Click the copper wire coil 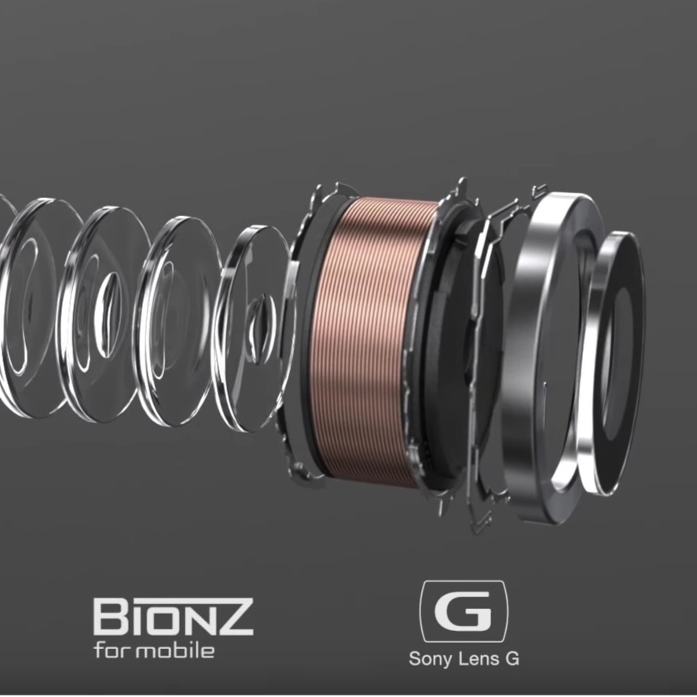[x=365, y=343]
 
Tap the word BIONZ [x=174, y=617]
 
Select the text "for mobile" [x=154, y=651]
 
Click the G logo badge [x=464, y=611]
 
